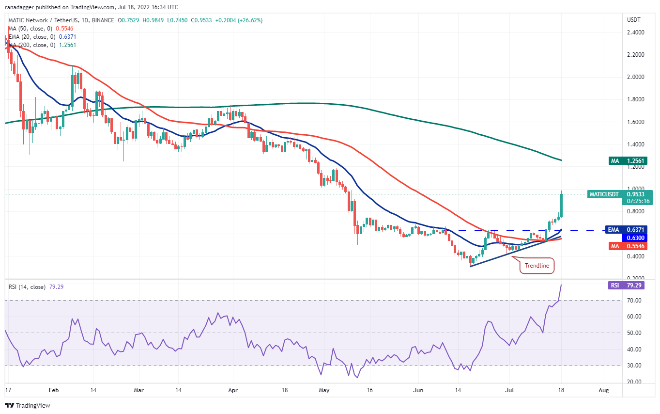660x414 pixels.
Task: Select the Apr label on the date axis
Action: (233, 390)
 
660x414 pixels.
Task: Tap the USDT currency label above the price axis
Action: (633, 20)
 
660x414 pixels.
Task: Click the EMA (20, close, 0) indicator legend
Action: (36, 37)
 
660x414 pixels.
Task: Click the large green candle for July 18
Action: (561, 205)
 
